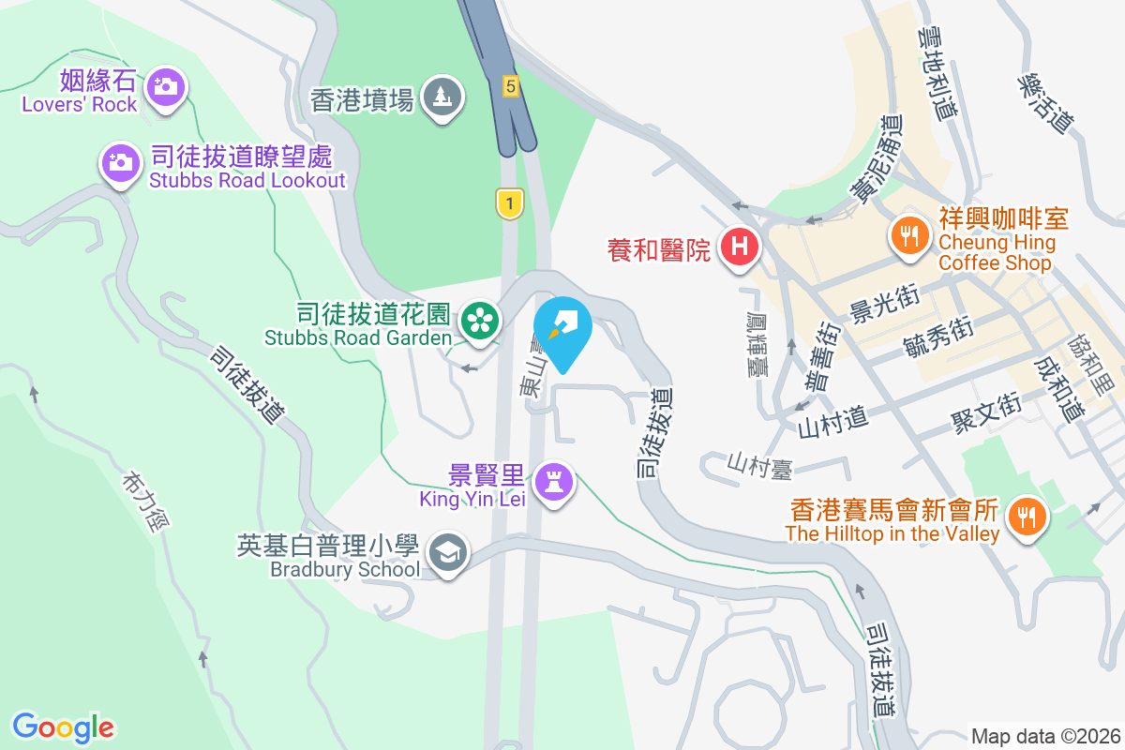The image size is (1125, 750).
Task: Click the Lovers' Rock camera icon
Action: [166, 87]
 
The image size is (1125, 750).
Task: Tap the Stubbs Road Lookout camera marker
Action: [119, 163]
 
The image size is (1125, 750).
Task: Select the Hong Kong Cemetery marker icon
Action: [442, 95]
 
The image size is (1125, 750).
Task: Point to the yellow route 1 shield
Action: [509, 202]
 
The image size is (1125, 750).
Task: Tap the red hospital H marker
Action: [739, 248]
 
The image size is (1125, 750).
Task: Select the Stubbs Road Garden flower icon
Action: [479, 322]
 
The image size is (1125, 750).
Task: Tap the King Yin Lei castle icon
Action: [553, 484]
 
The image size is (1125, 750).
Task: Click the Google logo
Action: [64, 727]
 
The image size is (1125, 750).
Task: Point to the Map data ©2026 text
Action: [1045, 736]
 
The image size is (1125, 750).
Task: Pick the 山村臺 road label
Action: [759, 464]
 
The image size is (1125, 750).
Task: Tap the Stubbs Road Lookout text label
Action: [247, 180]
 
